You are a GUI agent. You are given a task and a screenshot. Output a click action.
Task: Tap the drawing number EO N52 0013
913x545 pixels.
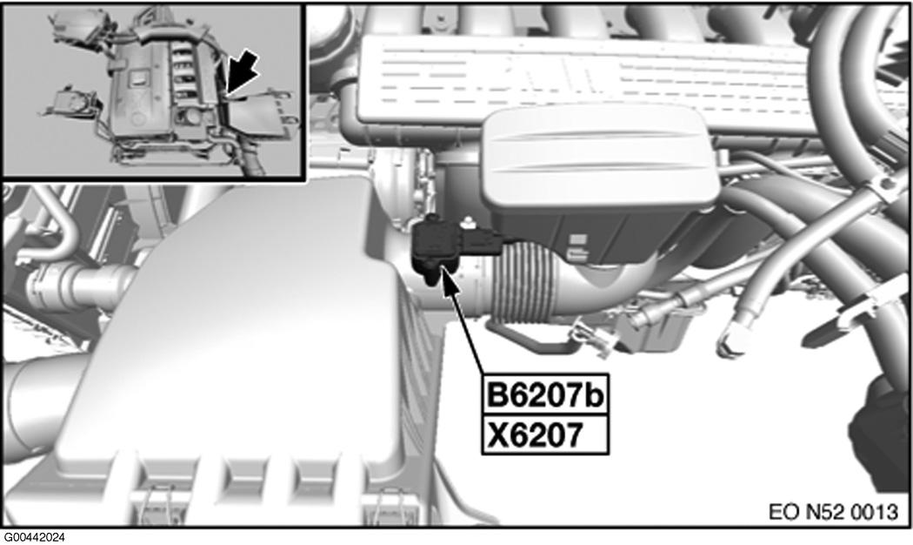tap(834, 510)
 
